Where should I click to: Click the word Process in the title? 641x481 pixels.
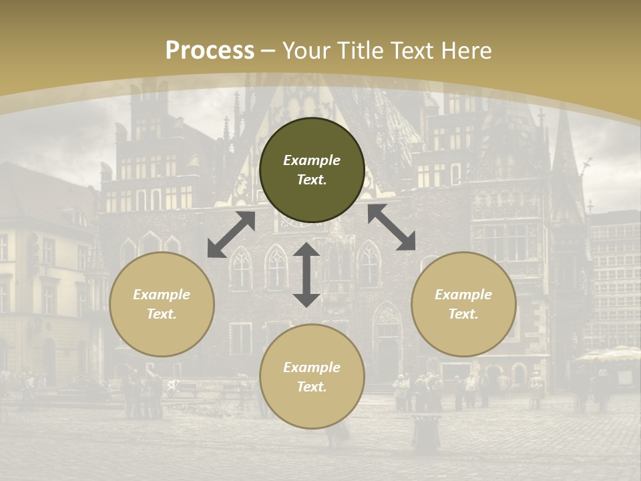[210, 51]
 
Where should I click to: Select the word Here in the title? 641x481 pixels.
[467, 51]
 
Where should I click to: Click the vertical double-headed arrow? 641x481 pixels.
[306, 275]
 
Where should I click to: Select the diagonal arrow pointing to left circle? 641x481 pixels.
[231, 234]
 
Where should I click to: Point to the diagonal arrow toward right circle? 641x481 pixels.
[391, 227]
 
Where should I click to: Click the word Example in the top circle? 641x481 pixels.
[312, 160]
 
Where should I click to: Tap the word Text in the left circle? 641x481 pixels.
[162, 314]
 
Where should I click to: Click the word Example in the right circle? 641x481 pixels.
[463, 295]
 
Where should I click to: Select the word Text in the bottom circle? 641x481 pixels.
[312, 387]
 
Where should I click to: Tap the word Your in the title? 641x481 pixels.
[306, 51]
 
